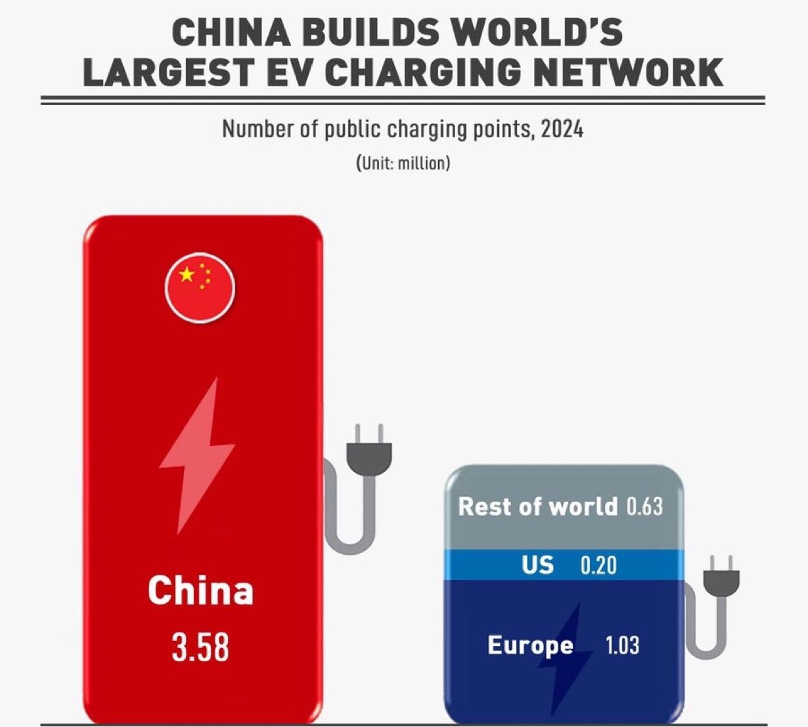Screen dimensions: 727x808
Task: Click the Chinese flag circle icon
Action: pyautogui.click(x=200, y=287)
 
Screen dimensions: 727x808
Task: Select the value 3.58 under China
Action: pyautogui.click(x=200, y=647)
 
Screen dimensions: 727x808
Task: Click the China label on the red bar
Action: pyautogui.click(x=200, y=590)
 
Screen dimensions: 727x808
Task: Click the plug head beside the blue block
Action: pyautogui.click(x=721, y=580)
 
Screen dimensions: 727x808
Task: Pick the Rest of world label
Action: pyautogui.click(x=537, y=506)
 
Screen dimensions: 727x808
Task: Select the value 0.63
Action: pyautogui.click(x=644, y=506)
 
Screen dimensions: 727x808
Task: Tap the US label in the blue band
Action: pyautogui.click(x=537, y=565)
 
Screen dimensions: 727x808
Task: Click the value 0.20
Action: pyautogui.click(x=598, y=565)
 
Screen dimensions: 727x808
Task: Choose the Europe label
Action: pyautogui.click(x=530, y=645)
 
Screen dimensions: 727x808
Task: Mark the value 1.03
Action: pyautogui.click(x=621, y=645)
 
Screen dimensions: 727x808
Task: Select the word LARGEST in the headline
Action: pyautogui.click(x=167, y=72)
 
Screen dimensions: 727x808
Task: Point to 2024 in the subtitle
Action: pyautogui.click(x=562, y=129)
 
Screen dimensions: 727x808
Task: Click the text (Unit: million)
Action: pyautogui.click(x=403, y=162)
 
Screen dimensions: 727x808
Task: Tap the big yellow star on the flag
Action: pyautogui.click(x=187, y=275)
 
